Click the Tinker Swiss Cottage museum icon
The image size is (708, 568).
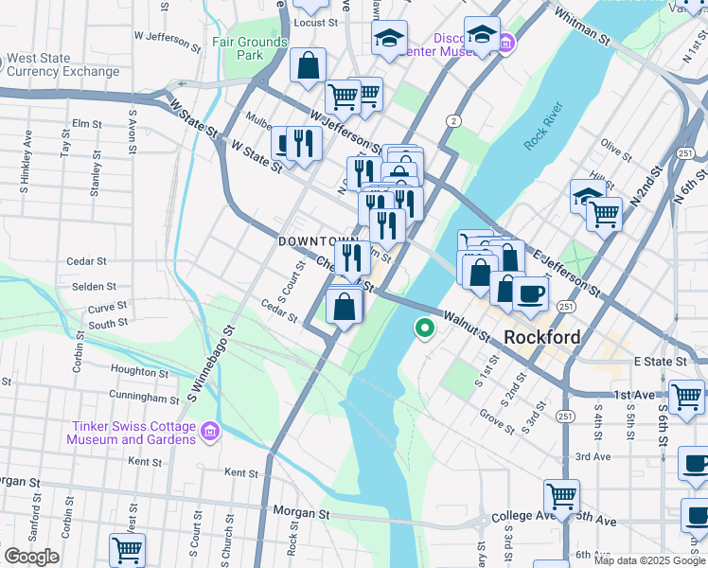(210, 432)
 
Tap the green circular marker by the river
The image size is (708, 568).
(425, 328)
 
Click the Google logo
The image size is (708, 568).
(31, 557)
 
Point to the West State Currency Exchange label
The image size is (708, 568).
(64, 65)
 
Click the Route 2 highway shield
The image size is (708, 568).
(454, 120)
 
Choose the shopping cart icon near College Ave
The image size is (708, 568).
(561, 494)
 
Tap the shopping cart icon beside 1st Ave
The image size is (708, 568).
(686, 395)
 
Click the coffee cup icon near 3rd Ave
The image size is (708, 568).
(696, 463)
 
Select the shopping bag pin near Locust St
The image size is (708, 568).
(308, 66)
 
